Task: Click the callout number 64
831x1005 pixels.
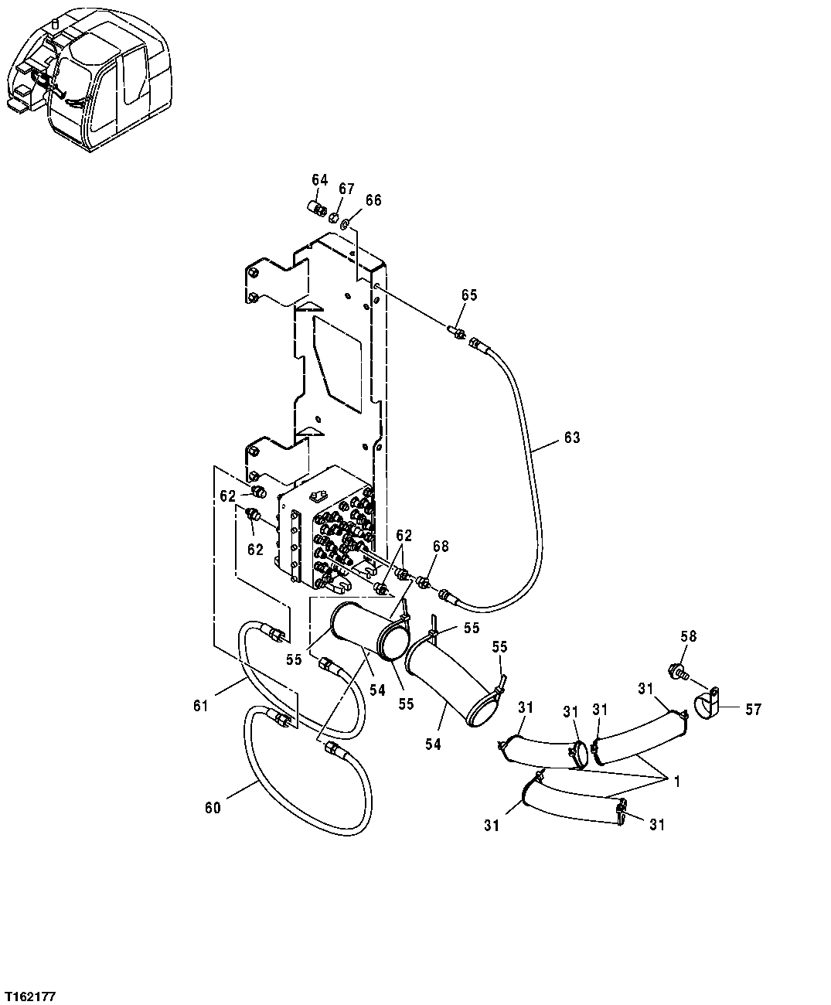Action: (x=320, y=180)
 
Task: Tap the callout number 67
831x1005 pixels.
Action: (x=346, y=189)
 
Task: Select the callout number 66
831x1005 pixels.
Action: (x=373, y=200)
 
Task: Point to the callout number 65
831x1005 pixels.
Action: (x=469, y=295)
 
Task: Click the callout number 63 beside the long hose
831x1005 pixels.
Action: (x=571, y=438)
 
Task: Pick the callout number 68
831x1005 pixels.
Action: (x=440, y=547)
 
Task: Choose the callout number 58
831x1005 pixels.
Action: (x=688, y=635)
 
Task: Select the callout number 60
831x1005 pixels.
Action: (x=213, y=808)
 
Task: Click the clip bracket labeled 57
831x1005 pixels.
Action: (x=709, y=704)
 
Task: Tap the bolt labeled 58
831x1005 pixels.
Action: (x=678, y=671)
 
